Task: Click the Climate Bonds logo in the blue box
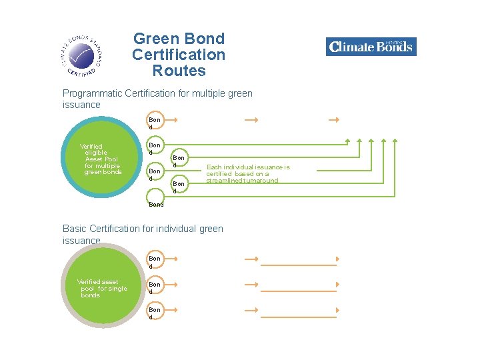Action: tap(371, 47)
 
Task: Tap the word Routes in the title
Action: tap(179, 71)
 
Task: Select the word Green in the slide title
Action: tap(152, 39)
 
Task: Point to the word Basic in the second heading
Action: tap(75, 229)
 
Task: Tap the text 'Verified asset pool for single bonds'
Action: tap(101, 289)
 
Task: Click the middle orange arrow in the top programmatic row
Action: tap(251, 120)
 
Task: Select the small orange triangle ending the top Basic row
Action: tap(338, 259)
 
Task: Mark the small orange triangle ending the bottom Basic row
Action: tap(338, 311)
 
